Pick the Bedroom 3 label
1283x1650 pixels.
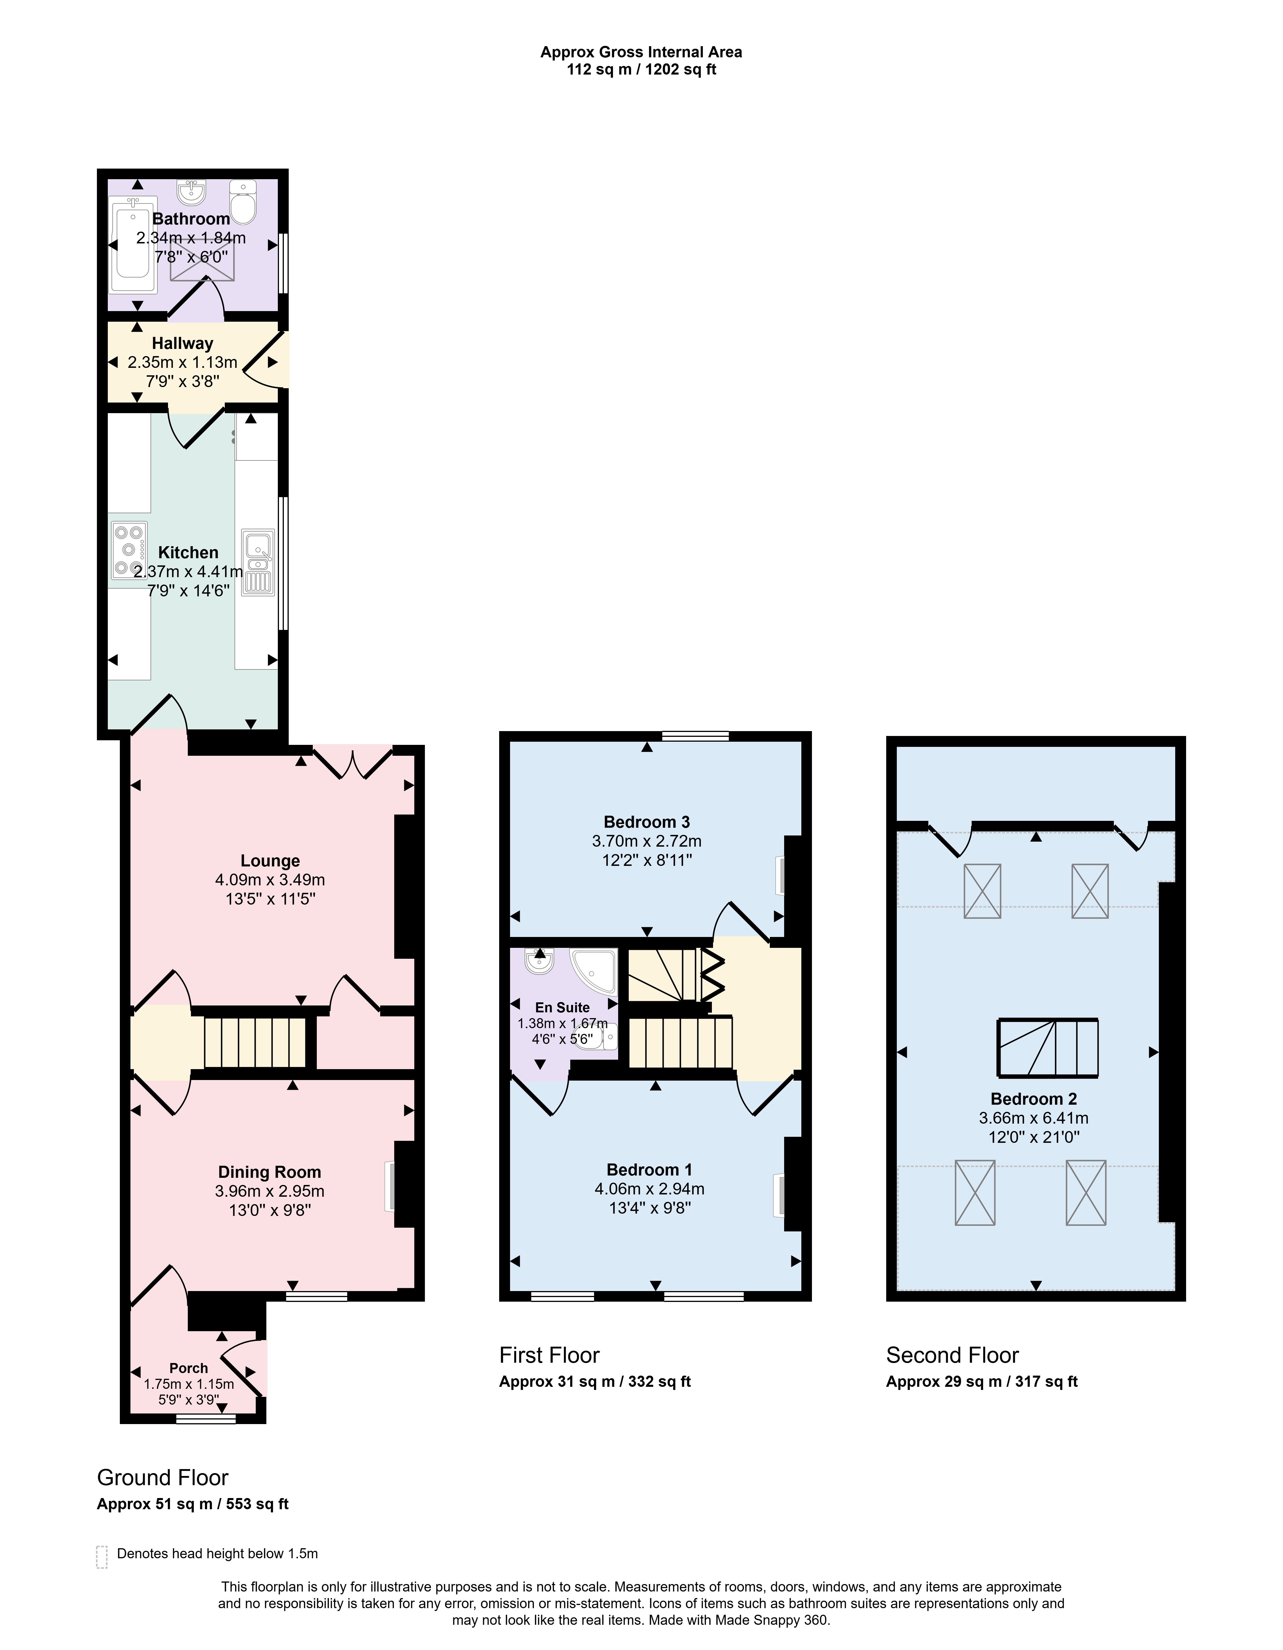(647, 822)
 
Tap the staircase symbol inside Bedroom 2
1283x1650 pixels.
(1048, 1048)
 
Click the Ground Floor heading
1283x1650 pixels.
(163, 1477)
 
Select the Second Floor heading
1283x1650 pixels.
(952, 1355)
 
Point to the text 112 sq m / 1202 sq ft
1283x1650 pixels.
(642, 69)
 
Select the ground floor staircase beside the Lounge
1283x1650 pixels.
(255, 1042)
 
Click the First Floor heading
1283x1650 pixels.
(549, 1355)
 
